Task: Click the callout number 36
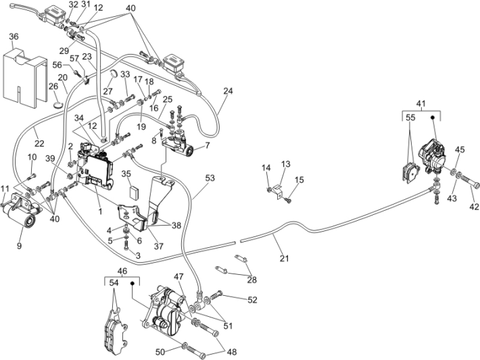(14, 36)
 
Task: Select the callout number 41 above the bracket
(421, 103)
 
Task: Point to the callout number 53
(210, 178)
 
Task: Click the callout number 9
(20, 247)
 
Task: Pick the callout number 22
(39, 144)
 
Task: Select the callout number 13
(285, 164)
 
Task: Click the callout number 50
(160, 352)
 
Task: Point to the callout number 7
(208, 145)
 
